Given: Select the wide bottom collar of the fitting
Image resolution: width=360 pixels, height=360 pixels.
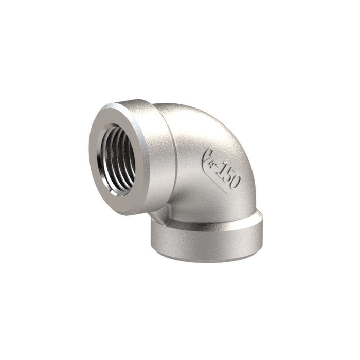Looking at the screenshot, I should [x=206, y=237].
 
